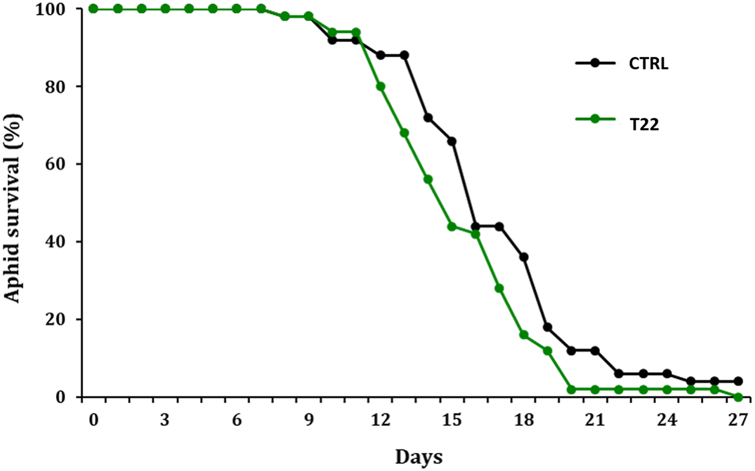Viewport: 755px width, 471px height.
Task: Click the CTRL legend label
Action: coord(649,64)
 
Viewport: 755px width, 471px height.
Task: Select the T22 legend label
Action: coord(644,125)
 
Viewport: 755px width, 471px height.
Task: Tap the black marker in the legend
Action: coord(595,63)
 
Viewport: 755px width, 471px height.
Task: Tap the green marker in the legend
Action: coord(595,119)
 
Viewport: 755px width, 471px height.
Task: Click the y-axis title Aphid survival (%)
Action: coord(13,208)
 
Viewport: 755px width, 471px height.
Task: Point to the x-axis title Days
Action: coord(418,457)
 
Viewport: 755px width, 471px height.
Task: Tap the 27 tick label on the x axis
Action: coord(738,421)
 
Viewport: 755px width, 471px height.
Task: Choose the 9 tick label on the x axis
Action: coord(308,421)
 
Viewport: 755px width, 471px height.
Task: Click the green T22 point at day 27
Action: coord(738,397)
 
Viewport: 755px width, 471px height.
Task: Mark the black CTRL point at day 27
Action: coord(738,381)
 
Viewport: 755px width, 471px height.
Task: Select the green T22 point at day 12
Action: coord(380,86)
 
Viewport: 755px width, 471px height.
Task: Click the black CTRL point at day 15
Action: coord(452,141)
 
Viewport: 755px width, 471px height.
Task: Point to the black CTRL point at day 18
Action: coord(523,257)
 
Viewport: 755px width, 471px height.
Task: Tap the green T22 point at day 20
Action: coord(571,389)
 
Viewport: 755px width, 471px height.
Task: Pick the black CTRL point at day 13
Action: coord(404,55)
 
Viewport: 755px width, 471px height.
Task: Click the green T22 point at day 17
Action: coord(499,288)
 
